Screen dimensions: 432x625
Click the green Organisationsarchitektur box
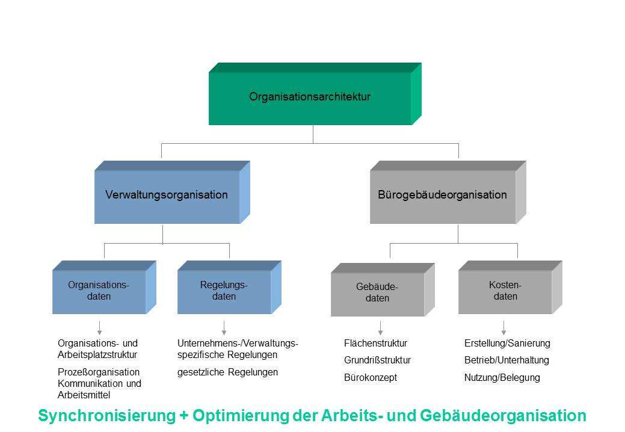(310, 97)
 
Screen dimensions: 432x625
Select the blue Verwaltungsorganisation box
(167, 196)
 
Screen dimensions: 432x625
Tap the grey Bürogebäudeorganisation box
(442, 196)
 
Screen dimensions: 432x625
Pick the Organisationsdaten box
(99, 291)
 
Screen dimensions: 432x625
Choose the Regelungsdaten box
(224, 291)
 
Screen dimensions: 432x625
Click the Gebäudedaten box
(377, 293)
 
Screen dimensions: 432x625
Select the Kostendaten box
(505, 291)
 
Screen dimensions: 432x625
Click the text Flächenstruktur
(375, 344)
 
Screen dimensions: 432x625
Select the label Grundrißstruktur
(377, 360)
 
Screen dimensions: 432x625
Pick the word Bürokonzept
(371, 378)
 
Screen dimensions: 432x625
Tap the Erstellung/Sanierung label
(507, 344)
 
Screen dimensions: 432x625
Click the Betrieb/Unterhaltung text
(506, 360)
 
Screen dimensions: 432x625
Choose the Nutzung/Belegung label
(502, 378)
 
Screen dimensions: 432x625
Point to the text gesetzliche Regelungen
(227, 372)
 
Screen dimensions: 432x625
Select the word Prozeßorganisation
(99, 372)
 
